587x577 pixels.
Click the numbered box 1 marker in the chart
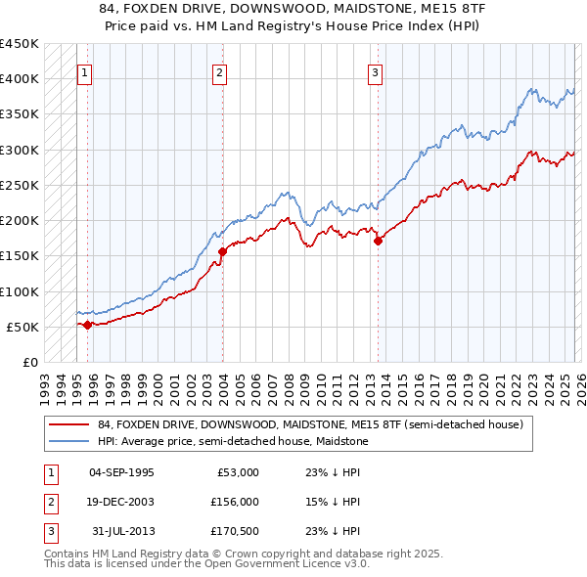click(85, 71)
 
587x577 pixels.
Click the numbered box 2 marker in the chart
click(220, 71)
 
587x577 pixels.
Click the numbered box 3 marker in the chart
click(376, 71)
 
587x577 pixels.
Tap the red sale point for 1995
click(87, 325)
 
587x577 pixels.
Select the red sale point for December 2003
click(222, 251)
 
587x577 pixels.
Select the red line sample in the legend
click(69, 424)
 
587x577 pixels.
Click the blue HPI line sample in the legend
click(69, 441)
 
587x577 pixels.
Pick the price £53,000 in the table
click(236, 472)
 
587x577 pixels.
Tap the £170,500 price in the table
click(233, 531)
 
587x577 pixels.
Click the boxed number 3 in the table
click(49, 531)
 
